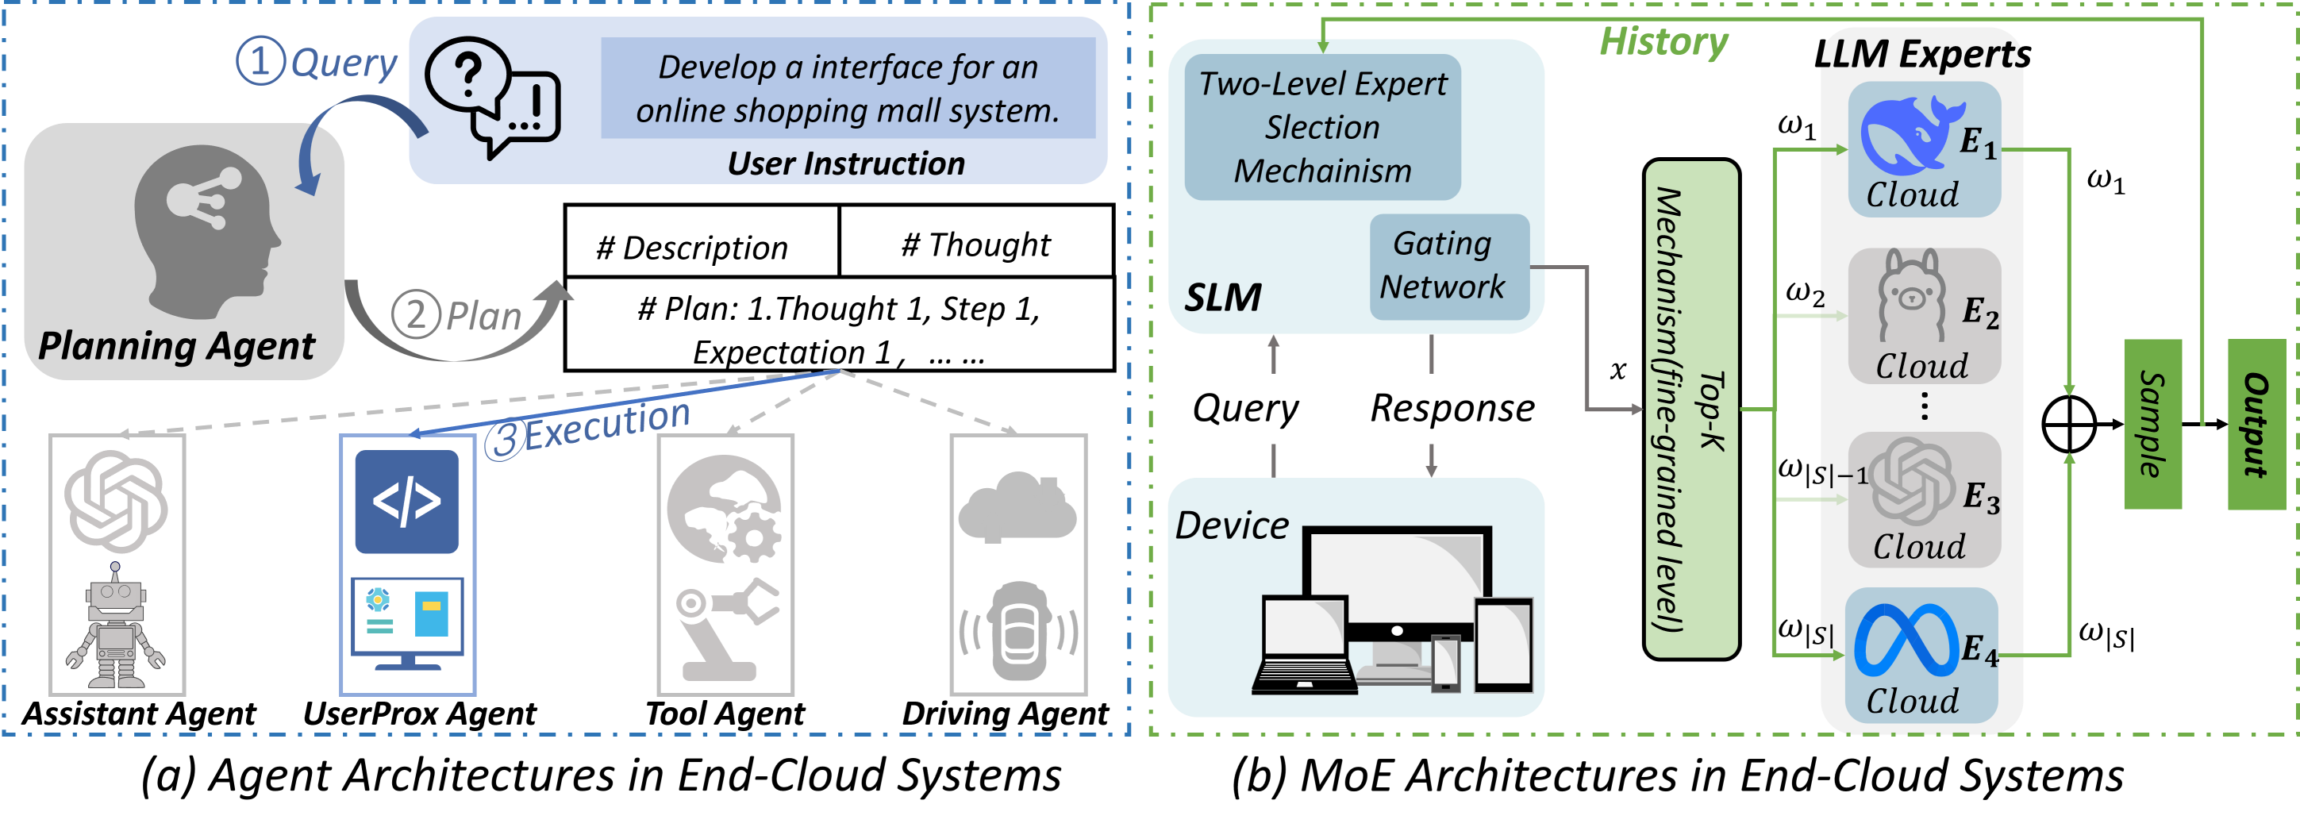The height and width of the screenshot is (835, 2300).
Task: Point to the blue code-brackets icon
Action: [406, 501]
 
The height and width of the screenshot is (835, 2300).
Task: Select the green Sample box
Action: [2152, 424]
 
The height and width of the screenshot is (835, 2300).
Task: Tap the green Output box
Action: [2256, 424]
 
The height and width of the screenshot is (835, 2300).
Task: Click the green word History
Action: [1663, 41]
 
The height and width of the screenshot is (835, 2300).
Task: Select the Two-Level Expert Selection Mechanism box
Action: [1322, 127]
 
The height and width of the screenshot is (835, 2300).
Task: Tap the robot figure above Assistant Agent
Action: [115, 625]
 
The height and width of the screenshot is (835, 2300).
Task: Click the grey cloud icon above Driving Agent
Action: [1017, 508]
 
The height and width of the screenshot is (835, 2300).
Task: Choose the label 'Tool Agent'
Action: [725, 714]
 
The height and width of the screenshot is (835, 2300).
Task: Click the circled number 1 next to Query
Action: [260, 61]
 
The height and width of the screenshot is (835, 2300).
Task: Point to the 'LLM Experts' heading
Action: [1922, 54]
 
